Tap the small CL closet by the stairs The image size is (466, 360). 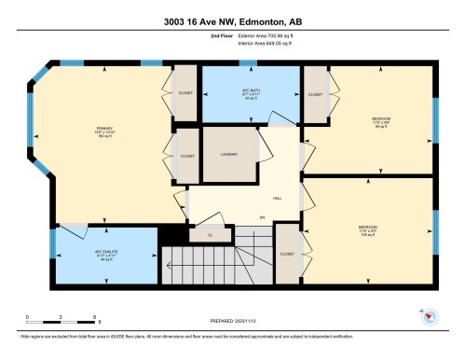point(210,235)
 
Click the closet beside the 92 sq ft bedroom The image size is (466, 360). point(315,95)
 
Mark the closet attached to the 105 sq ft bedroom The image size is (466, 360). point(287,253)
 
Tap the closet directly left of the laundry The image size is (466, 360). point(184,155)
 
